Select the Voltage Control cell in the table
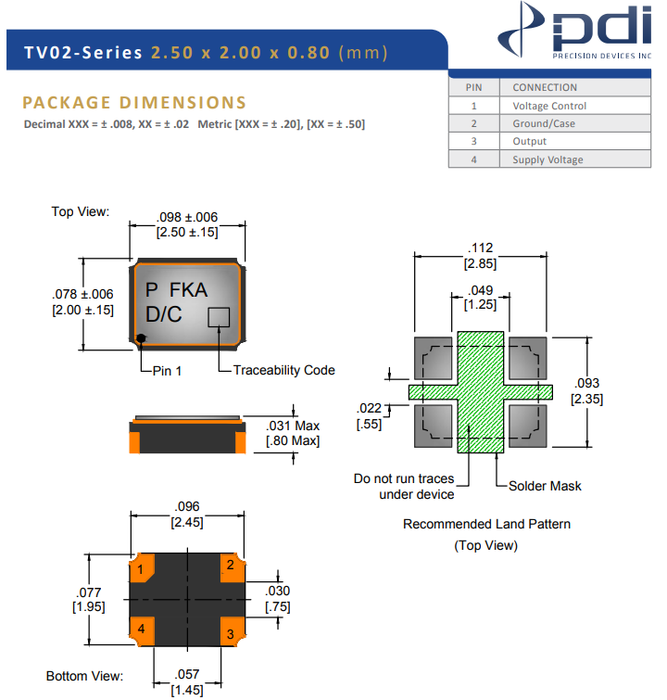tap(549, 106)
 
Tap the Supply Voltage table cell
tap(547, 159)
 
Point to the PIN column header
tap(473, 87)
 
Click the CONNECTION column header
tap(545, 87)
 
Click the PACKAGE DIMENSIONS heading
tap(134, 103)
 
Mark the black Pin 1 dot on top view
tap(141, 338)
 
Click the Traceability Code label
tap(283, 370)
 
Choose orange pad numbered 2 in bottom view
tap(231, 566)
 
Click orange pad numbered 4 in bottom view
tap(141, 630)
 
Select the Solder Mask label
tap(546, 486)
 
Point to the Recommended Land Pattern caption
tap(486, 524)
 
